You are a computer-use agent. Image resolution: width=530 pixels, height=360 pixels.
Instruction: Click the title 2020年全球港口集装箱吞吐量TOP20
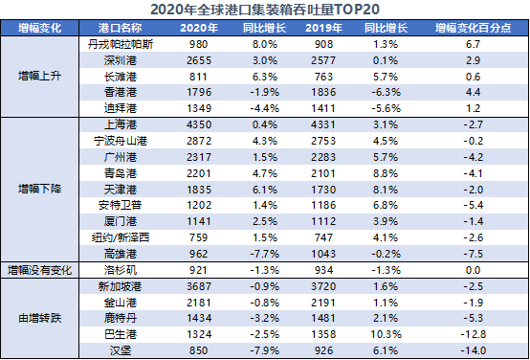click(265, 11)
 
